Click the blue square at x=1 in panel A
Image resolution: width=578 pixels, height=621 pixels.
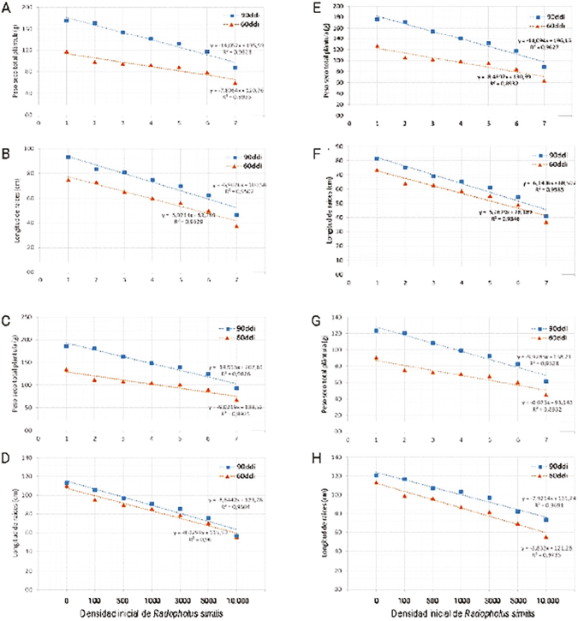pyautogui.click(x=66, y=20)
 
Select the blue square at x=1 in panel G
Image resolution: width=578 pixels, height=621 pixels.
pyautogui.click(x=376, y=331)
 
